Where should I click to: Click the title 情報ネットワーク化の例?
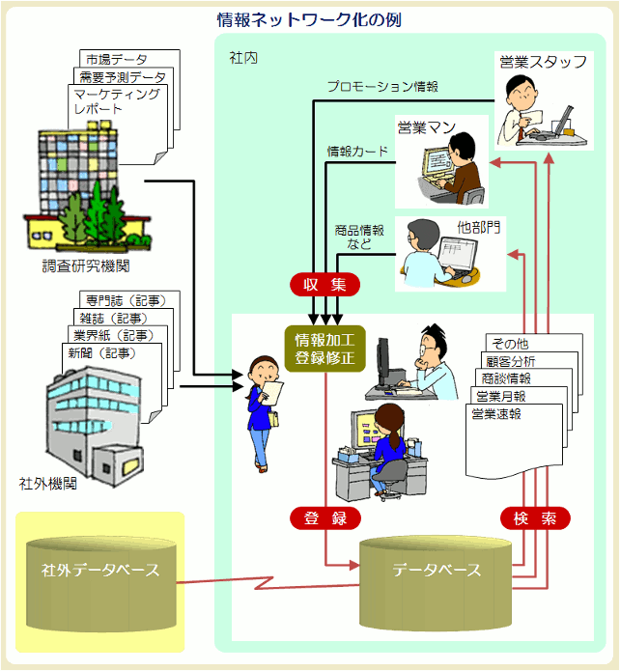309,18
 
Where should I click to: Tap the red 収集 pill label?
324,284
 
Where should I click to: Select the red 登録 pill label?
324,518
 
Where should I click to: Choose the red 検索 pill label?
535,518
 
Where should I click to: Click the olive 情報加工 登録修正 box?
324,349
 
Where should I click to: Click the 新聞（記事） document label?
102,353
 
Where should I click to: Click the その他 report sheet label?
512,344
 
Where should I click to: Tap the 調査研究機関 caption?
86,265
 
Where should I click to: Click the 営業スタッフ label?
543,63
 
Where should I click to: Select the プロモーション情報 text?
382,86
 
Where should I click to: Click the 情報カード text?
357,151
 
